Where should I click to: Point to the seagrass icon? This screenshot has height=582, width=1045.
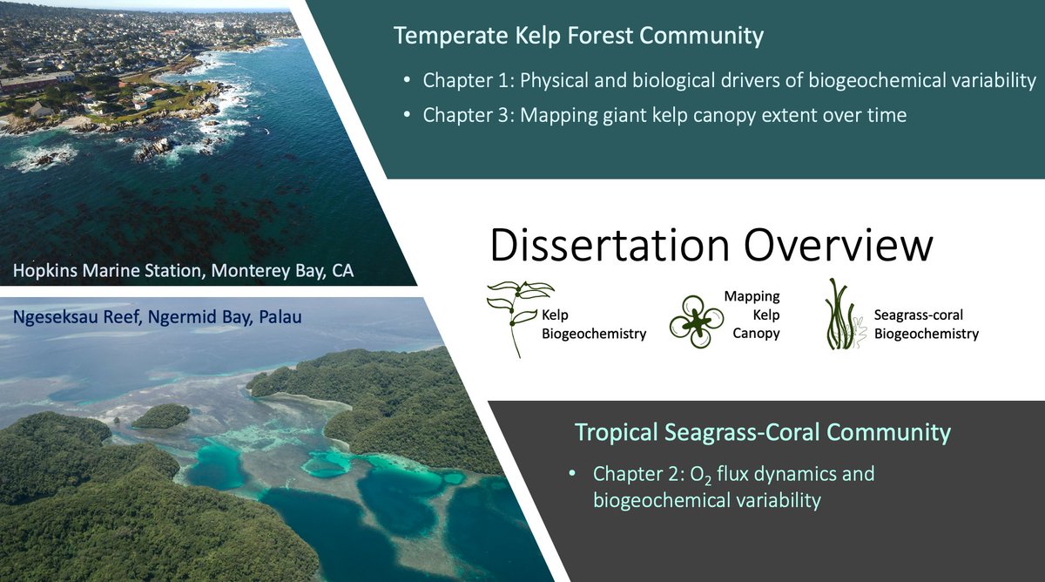[x=840, y=315]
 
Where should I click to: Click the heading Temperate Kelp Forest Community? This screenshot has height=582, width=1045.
[x=578, y=37]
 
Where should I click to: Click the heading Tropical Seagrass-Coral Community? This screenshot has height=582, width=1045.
[x=762, y=432]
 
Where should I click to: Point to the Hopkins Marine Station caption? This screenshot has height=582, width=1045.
[x=183, y=271]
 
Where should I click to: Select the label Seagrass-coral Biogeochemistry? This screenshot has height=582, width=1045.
[x=926, y=326]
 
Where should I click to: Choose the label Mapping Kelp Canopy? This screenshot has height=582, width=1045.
[x=754, y=315]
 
